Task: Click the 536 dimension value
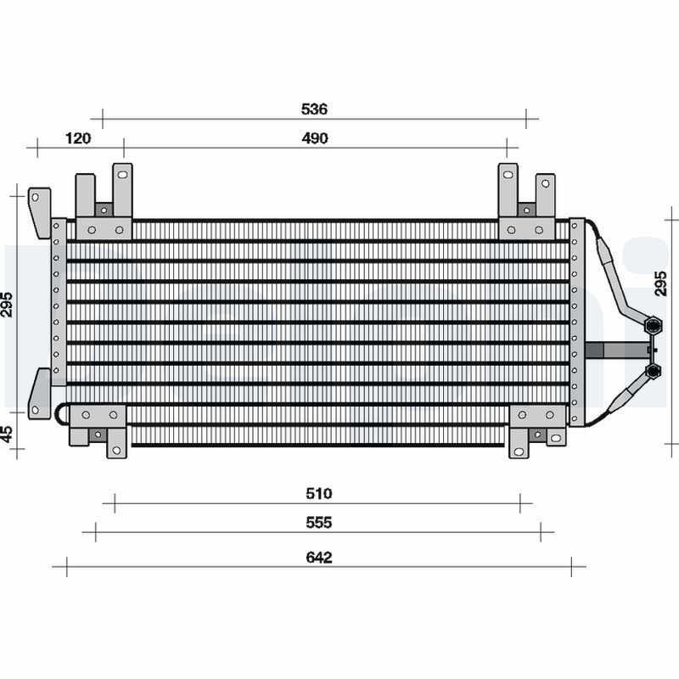pyautogui.click(x=314, y=109)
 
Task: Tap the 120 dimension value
pyautogui.click(x=78, y=138)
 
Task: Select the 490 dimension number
pyautogui.click(x=315, y=138)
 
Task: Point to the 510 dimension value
pyautogui.click(x=319, y=493)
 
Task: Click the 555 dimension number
pyautogui.click(x=319, y=522)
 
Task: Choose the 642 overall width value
pyautogui.click(x=319, y=557)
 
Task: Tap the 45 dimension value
pyautogui.click(x=8, y=435)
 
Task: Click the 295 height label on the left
pyautogui.click(x=8, y=305)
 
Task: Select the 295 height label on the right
pyautogui.click(x=660, y=283)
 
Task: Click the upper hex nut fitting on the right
pyautogui.click(x=653, y=326)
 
